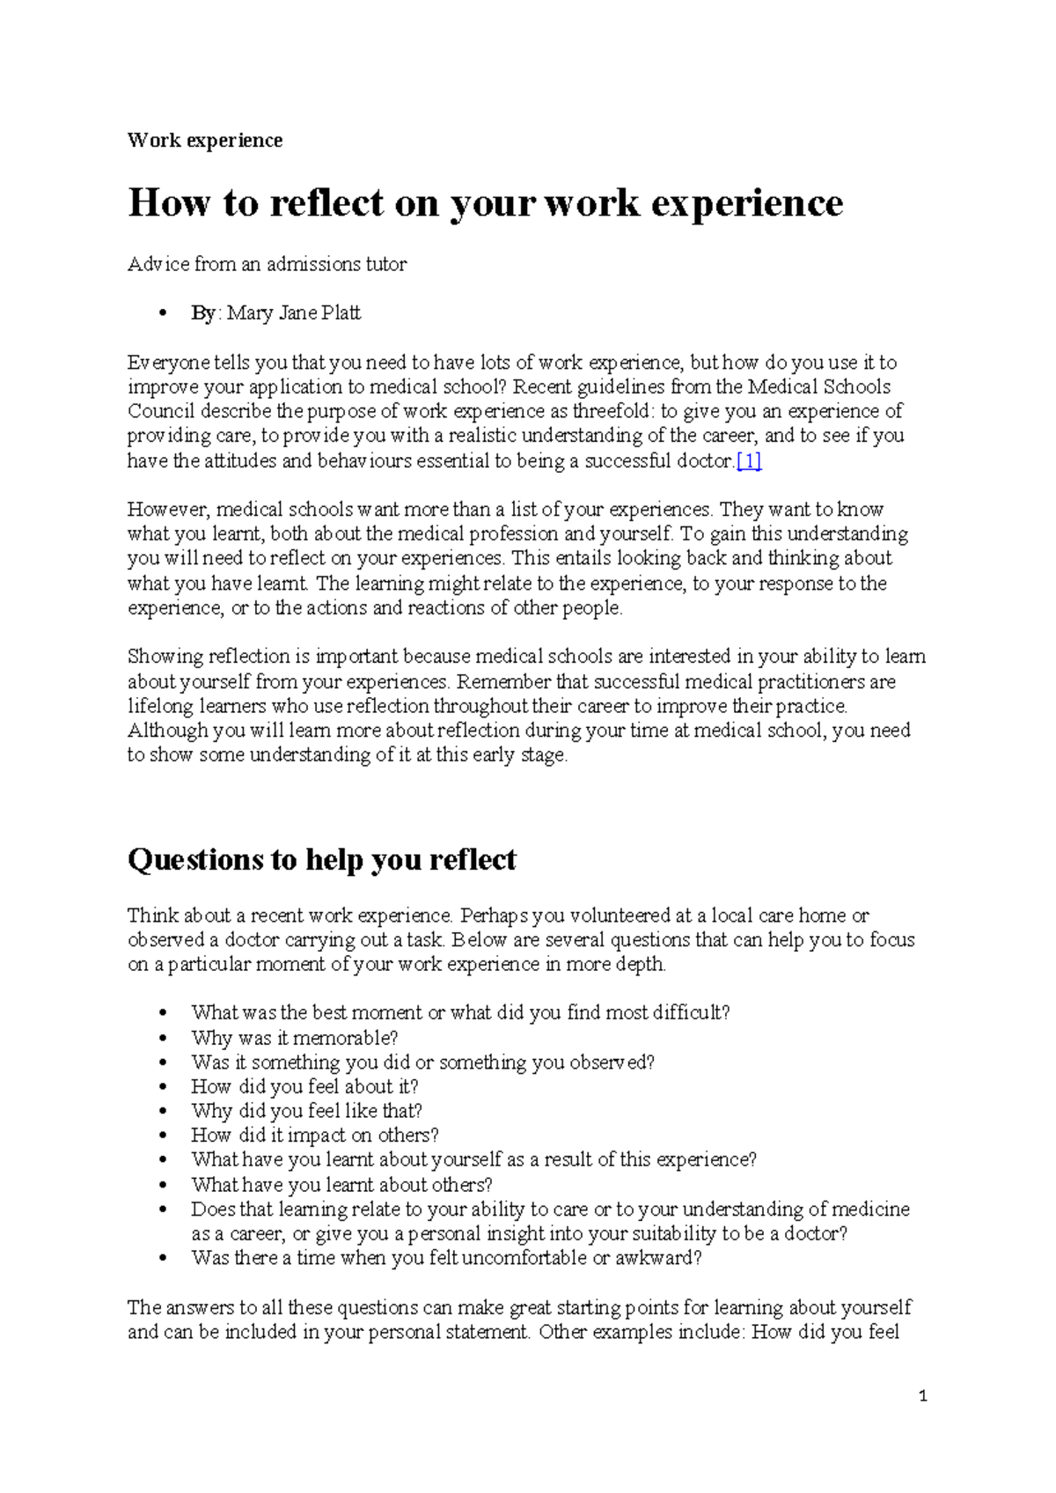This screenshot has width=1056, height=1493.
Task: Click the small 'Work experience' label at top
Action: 205,141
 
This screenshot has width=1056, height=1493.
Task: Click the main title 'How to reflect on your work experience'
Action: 485,202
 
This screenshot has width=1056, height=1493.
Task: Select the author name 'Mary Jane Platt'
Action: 294,313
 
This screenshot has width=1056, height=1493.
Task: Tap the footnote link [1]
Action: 749,460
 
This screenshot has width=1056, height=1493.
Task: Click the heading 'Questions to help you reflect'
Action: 321,859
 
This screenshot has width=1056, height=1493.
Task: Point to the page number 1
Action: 922,1396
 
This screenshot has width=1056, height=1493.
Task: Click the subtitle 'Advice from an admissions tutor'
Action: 267,264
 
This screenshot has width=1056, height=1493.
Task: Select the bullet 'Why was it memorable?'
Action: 295,1038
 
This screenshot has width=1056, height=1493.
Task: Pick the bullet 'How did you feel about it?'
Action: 304,1086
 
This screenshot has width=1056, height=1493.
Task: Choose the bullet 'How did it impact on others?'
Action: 315,1136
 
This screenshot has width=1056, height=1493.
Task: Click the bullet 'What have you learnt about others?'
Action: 341,1185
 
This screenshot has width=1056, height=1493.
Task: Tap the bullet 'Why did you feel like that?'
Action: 306,1111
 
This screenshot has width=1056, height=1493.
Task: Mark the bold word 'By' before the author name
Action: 203,313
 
